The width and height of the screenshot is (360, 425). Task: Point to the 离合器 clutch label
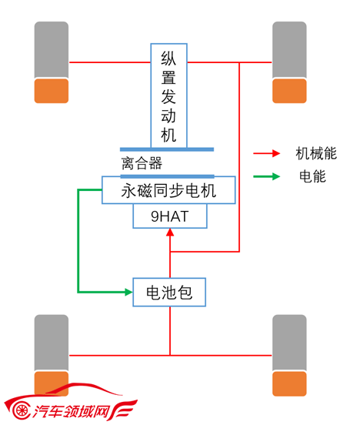click(142, 163)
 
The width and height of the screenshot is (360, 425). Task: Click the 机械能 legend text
click(316, 153)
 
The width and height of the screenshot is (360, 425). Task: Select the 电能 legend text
click(312, 176)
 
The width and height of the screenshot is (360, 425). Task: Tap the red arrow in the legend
click(267, 153)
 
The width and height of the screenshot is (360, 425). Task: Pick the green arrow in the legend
click(267, 176)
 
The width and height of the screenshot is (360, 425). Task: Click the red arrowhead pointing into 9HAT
click(170, 233)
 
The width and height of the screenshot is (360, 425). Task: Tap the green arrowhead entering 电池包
click(128, 293)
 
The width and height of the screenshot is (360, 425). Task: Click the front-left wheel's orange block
click(52, 91)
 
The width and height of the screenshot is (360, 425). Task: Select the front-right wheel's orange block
click(289, 91)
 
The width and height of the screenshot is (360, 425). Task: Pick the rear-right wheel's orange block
click(289, 383)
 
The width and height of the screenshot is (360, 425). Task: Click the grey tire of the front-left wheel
click(52, 50)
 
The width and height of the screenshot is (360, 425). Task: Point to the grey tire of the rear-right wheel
click(289, 343)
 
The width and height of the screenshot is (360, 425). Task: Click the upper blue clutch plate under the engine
click(167, 149)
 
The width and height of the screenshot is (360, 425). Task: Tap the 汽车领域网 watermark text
click(72, 411)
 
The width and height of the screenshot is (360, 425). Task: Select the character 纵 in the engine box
click(168, 59)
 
